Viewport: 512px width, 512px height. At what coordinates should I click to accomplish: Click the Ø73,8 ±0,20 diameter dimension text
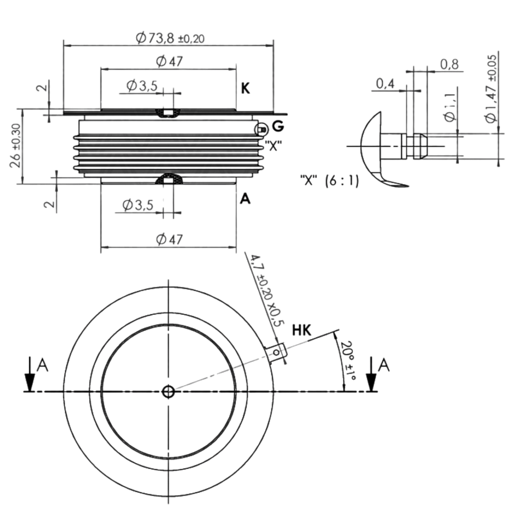[x=170, y=38]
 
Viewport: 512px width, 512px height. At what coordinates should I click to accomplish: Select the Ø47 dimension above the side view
[x=169, y=61]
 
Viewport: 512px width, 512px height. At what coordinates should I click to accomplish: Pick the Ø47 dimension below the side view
[x=169, y=239]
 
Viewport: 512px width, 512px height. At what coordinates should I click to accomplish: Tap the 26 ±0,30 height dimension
[x=15, y=146]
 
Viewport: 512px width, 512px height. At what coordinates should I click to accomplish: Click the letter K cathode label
[x=246, y=89]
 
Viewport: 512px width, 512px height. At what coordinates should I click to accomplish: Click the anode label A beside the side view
[x=245, y=198]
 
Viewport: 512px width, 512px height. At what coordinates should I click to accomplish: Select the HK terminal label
[x=302, y=330]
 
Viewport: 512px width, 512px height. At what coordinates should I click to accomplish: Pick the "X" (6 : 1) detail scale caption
[x=330, y=181]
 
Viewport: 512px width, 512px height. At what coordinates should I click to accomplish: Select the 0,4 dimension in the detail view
[x=385, y=84]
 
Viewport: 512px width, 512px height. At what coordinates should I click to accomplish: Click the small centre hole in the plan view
[x=168, y=392]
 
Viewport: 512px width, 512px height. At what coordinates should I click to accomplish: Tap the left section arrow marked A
[x=30, y=374]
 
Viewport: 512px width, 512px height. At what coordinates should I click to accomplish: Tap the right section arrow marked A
[x=371, y=374]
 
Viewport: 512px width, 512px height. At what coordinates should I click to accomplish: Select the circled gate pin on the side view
[x=262, y=130]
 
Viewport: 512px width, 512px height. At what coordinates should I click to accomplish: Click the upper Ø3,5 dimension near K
[x=142, y=85]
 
